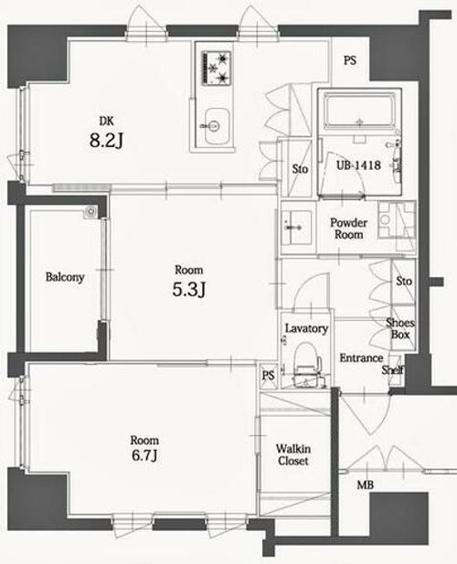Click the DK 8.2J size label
[x=106, y=133]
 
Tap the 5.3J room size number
[x=189, y=289]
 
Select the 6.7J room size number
[x=144, y=455]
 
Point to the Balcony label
[x=65, y=277]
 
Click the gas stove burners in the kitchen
[x=217, y=69]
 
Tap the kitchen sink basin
[x=217, y=127]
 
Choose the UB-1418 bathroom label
[x=358, y=165]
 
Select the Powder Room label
[x=348, y=229]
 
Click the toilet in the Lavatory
[x=304, y=365]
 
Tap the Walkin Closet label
[x=293, y=454]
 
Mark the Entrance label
[x=361, y=358]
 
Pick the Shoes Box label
[x=400, y=328]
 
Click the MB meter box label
[x=365, y=485]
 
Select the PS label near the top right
[x=350, y=60]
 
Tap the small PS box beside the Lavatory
[x=268, y=376]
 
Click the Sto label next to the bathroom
[x=300, y=169]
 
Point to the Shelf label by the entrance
[x=393, y=369]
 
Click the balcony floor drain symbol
[x=90, y=211]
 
